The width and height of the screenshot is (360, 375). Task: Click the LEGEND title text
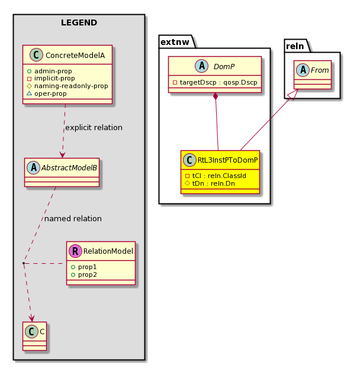point(79,22)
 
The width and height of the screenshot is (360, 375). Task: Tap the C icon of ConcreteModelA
point(36,54)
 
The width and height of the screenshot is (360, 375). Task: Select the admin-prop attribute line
point(50,71)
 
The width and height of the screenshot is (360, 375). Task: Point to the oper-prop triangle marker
point(29,93)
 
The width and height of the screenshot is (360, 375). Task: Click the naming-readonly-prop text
point(71,86)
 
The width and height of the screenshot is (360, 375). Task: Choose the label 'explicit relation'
point(94,128)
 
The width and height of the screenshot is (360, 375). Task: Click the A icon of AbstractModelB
point(34,167)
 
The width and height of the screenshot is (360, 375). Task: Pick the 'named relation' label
point(73,219)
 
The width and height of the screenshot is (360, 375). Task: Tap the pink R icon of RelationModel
point(75,251)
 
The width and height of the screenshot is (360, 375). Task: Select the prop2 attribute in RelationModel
point(84,274)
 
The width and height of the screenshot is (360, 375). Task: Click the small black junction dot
point(24,263)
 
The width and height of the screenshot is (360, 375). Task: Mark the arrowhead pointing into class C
point(32,319)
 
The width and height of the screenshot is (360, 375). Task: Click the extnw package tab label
point(175,42)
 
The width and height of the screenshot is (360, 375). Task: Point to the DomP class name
point(224,66)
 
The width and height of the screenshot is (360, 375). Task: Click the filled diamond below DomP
point(216,96)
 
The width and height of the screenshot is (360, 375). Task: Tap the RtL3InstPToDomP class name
point(227,160)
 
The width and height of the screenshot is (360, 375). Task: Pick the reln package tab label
point(295,46)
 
